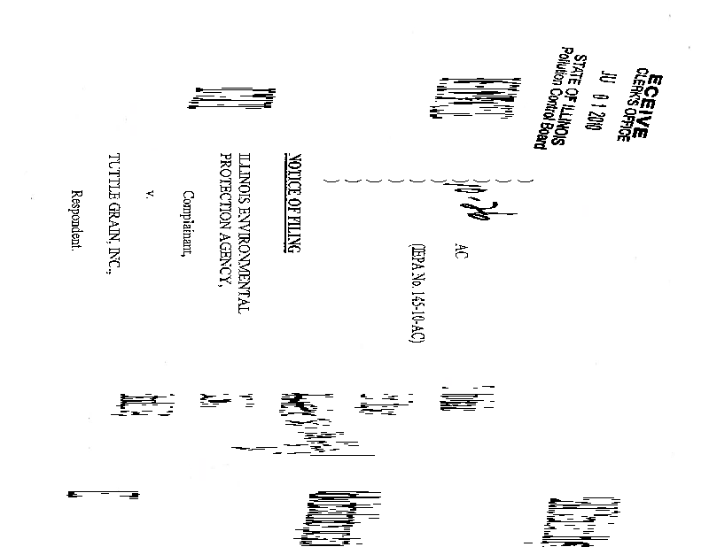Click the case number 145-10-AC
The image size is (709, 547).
[x=417, y=318]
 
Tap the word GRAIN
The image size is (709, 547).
[x=113, y=225]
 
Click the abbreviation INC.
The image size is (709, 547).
[x=113, y=263]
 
